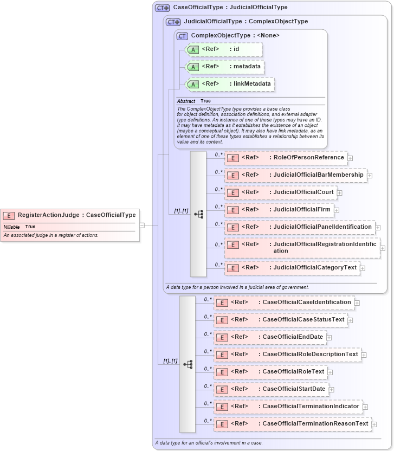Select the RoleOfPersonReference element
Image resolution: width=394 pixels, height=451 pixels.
286,158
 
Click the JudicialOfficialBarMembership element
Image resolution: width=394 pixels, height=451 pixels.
295,175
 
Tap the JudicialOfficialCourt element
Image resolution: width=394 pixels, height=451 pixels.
280,192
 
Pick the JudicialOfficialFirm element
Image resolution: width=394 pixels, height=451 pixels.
279,209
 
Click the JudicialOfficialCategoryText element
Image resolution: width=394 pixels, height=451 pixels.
292,268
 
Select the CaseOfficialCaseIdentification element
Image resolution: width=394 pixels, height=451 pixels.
284,302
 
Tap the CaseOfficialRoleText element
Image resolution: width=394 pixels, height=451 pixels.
270,372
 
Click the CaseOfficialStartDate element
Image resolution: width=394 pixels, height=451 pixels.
271,389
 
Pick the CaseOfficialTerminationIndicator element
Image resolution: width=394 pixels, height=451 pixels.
288,407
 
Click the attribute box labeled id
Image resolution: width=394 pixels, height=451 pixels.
224,49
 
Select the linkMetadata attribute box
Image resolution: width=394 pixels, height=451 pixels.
230,84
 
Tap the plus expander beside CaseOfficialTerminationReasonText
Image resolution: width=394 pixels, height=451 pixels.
374,424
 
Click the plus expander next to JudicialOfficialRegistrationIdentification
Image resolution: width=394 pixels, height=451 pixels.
383,248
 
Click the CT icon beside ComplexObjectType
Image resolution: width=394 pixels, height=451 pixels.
183,36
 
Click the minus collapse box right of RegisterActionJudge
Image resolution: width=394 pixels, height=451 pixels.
142,224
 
